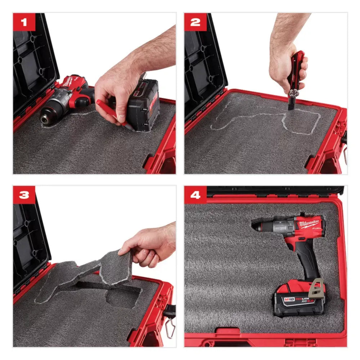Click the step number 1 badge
[x=24, y=22]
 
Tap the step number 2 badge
[x=195, y=22]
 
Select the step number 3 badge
[x=24, y=195]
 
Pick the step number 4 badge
[x=195, y=195]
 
